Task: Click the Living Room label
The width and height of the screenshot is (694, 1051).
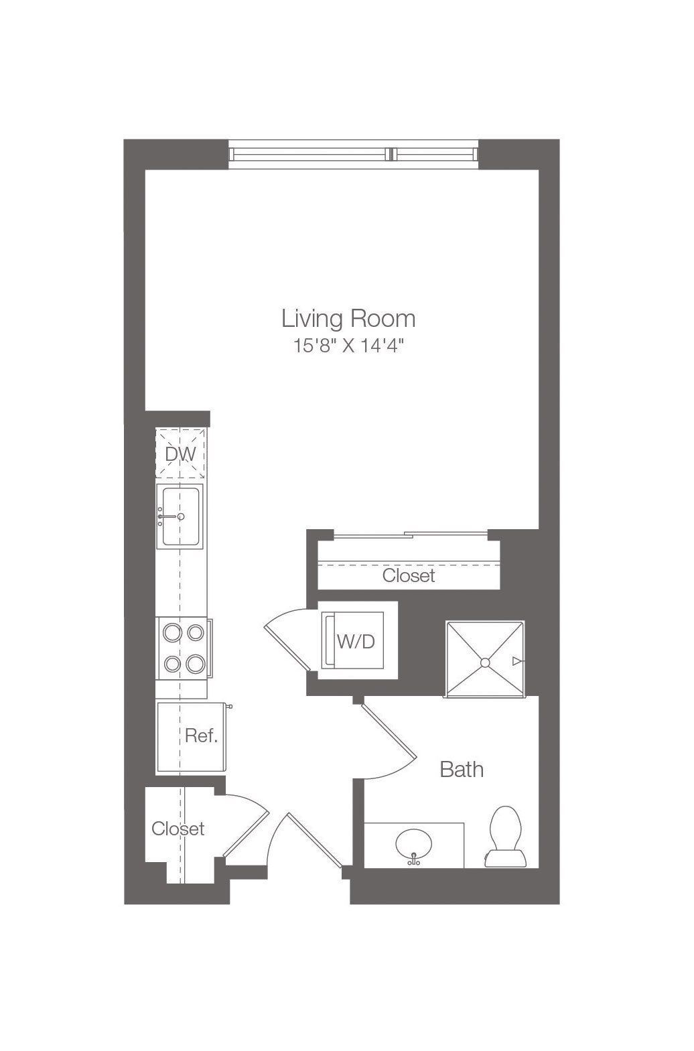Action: pos(348,319)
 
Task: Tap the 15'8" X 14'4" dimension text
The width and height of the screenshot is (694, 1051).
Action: pos(348,346)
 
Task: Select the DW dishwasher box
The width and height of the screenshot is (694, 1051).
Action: pos(181,453)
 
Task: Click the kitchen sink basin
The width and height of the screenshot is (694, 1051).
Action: pos(181,516)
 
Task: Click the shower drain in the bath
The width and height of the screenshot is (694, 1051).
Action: pos(485,662)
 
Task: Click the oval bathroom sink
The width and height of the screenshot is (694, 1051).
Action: pos(413,845)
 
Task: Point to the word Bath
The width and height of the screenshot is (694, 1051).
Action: pos(462,770)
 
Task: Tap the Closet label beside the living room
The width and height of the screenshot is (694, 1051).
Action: pos(408,575)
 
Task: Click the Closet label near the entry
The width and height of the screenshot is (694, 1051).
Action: pos(178,829)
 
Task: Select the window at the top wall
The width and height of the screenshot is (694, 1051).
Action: pos(353,154)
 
